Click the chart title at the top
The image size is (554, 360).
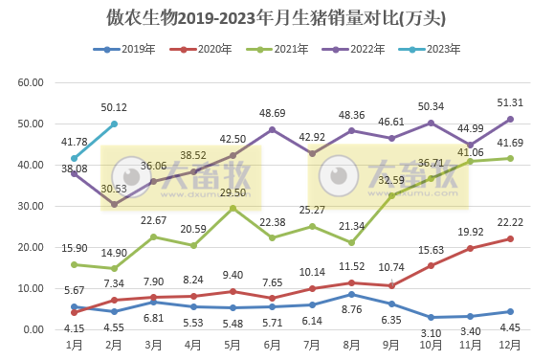pyautogui.click(x=277, y=17)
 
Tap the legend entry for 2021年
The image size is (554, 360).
pyautogui.click(x=299, y=49)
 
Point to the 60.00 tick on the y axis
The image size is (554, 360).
pyautogui.click(x=32, y=82)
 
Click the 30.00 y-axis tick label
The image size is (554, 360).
pyautogui.click(x=32, y=206)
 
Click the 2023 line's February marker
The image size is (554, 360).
pyautogui.click(x=114, y=124)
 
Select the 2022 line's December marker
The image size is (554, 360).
pyautogui.click(x=511, y=119)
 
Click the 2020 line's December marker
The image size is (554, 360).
pyautogui.click(x=511, y=238)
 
